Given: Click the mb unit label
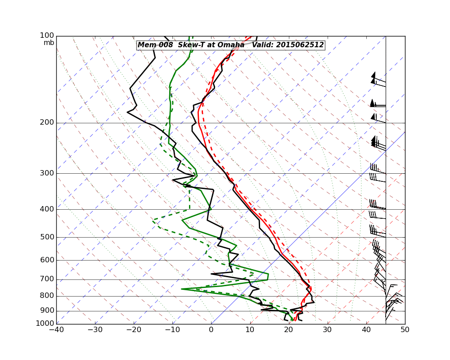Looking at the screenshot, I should click(x=49, y=43).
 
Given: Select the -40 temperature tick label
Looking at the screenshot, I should click(x=56, y=329).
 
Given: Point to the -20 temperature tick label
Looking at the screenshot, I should click(x=134, y=329).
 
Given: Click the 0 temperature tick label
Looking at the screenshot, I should click(x=211, y=329).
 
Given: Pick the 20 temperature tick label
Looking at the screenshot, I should click(x=288, y=329).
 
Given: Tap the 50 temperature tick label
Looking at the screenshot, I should click(x=405, y=329).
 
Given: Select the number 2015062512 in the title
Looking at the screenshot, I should click(x=300, y=45).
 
